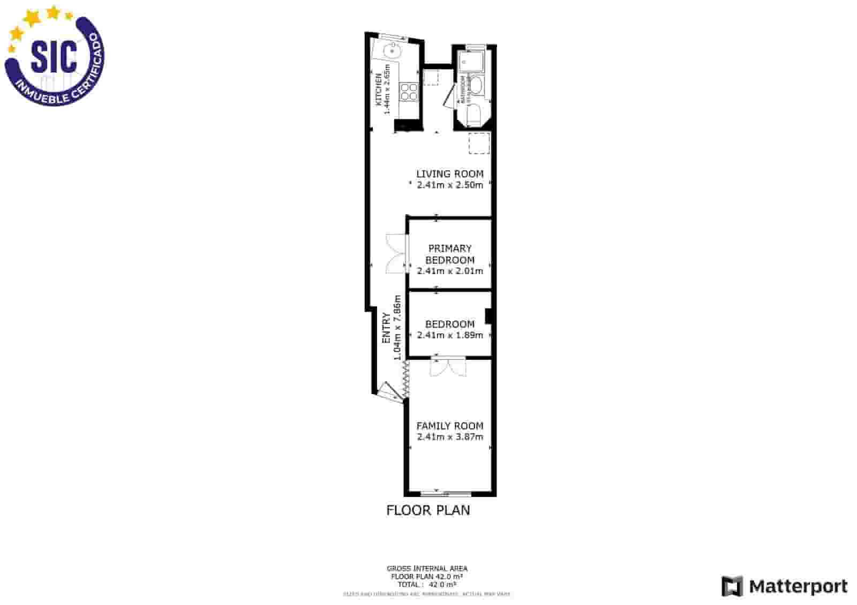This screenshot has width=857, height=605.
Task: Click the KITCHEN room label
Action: pyautogui.click(x=378, y=89)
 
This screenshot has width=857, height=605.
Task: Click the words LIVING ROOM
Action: pyautogui.click(x=449, y=173)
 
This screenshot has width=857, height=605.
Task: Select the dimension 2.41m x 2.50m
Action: pyautogui.click(x=449, y=185)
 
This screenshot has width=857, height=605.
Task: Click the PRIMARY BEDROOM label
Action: pyautogui.click(x=449, y=254)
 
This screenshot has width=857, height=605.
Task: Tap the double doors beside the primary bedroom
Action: pyautogui.click(x=395, y=254)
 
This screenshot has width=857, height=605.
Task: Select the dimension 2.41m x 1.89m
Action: pyautogui.click(x=449, y=335)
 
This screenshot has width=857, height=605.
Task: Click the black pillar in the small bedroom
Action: pyautogui.click(x=488, y=316)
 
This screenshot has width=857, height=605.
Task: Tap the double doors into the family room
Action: pyautogui.click(x=448, y=367)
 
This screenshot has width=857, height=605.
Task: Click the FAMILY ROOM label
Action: pyautogui.click(x=449, y=426)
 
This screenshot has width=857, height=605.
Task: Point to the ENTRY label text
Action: pyautogui.click(x=386, y=328)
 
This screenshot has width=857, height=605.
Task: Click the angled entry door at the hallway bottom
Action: pyautogui.click(x=388, y=391)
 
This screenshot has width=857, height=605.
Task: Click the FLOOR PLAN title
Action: pyautogui.click(x=428, y=510)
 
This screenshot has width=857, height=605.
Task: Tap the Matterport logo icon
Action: pyautogui.click(x=732, y=586)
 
